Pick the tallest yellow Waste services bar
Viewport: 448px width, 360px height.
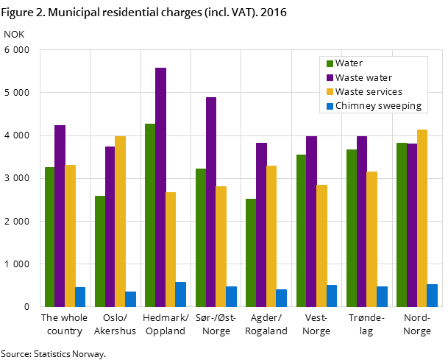click(422, 218)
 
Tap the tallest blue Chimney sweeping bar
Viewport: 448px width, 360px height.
click(180, 294)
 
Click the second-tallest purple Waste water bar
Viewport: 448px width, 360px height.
click(211, 202)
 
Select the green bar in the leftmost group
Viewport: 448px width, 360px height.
click(49, 236)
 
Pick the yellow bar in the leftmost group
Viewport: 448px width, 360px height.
click(70, 236)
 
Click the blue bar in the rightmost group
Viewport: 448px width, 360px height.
click(432, 295)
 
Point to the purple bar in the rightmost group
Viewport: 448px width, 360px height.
click(412, 225)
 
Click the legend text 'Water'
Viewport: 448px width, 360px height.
click(349, 63)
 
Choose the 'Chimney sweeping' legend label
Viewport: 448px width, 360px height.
click(378, 105)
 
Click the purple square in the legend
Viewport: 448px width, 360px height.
click(330, 77)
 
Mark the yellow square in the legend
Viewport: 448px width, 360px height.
click(330, 91)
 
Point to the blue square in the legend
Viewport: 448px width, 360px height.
click(330, 105)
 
